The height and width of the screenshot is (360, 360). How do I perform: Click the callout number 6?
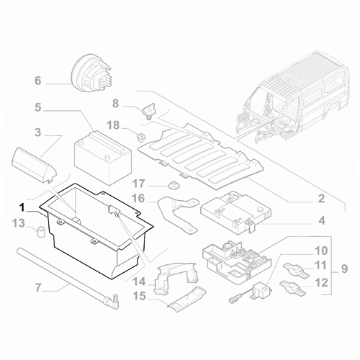click(38, 81)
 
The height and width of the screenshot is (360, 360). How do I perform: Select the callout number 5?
click(38, 109)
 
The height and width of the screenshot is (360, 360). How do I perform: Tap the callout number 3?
click(38, 133)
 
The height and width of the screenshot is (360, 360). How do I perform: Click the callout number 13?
click(20, 223)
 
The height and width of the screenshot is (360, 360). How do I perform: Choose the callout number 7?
click(38, 289)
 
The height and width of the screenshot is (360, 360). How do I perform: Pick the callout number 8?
click(116, 104)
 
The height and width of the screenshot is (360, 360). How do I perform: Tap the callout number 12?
click(321, 283)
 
